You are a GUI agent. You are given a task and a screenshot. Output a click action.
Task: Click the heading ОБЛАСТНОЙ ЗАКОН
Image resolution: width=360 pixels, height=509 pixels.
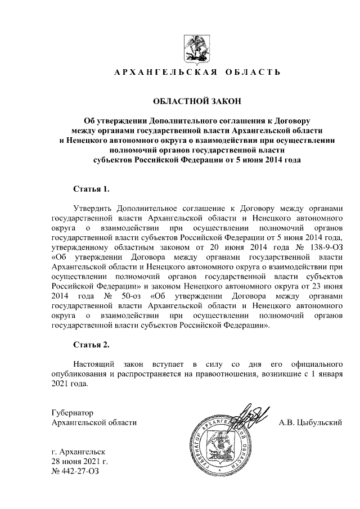pos(197,101)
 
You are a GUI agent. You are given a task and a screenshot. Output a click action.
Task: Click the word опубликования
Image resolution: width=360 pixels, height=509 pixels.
pos(79,375)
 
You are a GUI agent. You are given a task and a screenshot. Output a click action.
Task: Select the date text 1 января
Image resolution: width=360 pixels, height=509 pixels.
pos(325,375)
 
